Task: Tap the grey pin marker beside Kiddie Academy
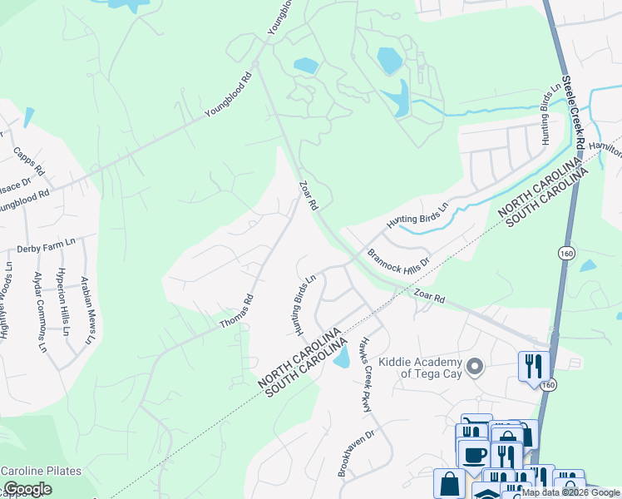pos(476,366)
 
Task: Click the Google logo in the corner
pos(27,489)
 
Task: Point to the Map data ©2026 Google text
pos(570,493)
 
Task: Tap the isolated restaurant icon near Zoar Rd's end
pos(533,366)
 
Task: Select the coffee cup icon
pos(475,456)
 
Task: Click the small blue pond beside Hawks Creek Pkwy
pos(341,358)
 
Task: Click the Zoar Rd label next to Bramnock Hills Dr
pos(430,297)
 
